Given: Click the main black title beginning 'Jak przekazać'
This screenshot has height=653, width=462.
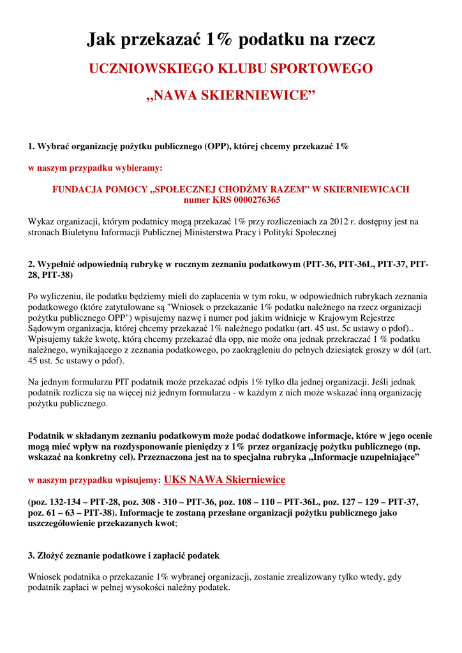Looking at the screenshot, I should tap(230, 40).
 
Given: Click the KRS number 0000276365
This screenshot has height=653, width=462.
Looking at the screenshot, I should tap(252, 200).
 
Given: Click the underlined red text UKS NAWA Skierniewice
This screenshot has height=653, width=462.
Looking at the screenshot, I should tap(225, 480).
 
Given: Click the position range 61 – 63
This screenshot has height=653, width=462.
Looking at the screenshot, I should tap(63, 512).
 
